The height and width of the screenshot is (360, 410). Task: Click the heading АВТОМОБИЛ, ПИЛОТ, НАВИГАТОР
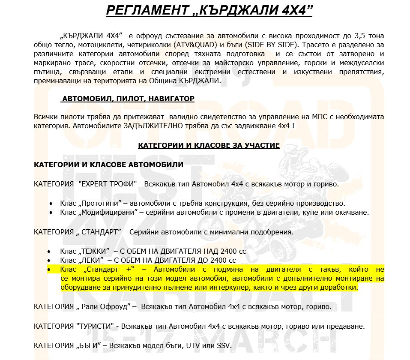[128, 99]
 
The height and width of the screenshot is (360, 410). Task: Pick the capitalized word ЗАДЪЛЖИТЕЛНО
[149, 126]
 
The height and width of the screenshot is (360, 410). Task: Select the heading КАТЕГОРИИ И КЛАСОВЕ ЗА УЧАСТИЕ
[209, 146]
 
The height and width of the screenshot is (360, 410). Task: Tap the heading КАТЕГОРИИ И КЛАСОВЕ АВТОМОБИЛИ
[108, 165]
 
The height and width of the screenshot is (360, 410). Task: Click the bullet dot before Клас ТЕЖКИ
[50, 251]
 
